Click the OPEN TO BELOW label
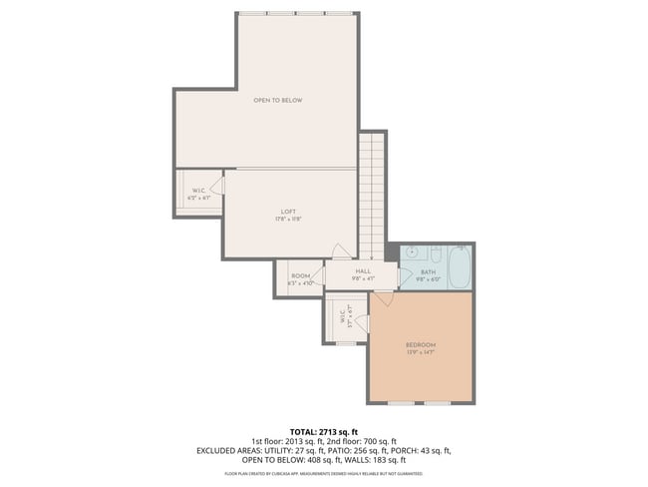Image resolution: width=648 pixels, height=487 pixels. click(x=277, y=101)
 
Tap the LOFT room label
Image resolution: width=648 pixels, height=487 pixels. click(x=288, y=212)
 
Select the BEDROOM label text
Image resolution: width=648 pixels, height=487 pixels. click(x=421, y=345)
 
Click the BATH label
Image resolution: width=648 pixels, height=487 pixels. click(x=428, y=271)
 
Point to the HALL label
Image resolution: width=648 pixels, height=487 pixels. click(x=363, y=270)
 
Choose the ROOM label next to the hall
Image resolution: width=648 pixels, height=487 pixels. click(x=300, y=276)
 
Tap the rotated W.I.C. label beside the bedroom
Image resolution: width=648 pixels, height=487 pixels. click(x=342, y=317)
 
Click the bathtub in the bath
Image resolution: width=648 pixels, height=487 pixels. click(x=459, y=267)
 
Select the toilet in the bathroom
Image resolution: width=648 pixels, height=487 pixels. click(x=410, y=253)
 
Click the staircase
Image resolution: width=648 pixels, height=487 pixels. click(x=371, y=190)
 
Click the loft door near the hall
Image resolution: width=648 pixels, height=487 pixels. click(x=341, y=251)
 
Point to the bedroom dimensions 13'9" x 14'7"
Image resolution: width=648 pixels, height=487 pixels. click(x=421, y=353)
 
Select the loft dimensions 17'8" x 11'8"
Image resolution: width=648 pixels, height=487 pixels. click(x=288, y=220)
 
